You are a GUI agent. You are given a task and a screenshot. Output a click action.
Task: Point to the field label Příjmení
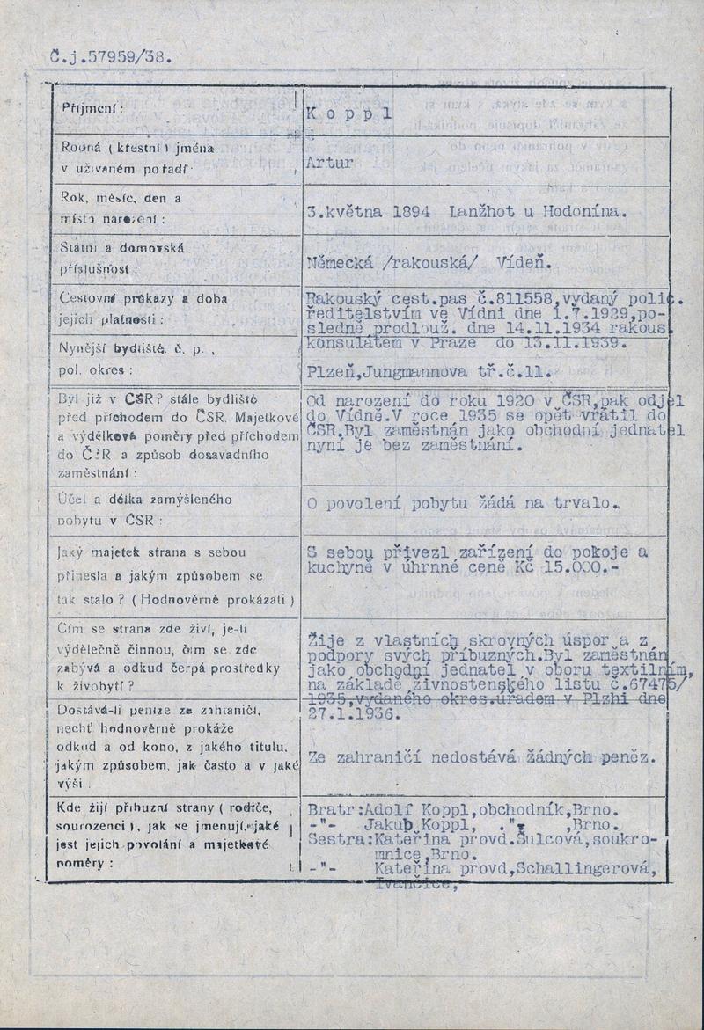pyautogui.click(x=92, y=108)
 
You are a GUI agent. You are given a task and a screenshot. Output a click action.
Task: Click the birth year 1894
pyautogui.click(x=411, y=212)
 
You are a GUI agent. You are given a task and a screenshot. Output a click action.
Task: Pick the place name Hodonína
pyautogui.click(x=586, y=212)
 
